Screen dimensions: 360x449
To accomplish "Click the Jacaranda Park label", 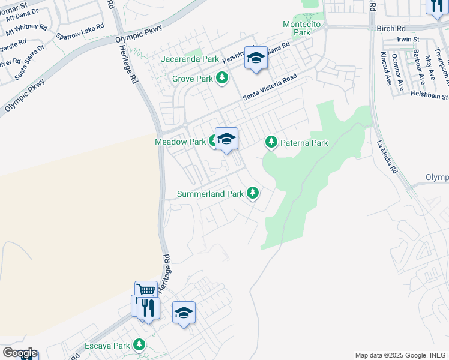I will coord(190,59).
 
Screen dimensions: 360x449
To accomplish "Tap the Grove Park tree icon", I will coord(223,78).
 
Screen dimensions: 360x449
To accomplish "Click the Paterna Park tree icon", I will coord(271,142).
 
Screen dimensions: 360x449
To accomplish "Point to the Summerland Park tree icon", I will coord(253,193).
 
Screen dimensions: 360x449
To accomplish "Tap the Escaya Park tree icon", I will coord(139,345).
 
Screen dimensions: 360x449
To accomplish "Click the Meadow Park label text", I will coord(180,142).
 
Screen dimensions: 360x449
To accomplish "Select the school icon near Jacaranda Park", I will coord(256,58).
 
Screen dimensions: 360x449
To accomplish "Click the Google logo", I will coord(19,352).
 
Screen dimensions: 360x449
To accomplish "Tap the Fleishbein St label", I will coord(429,95).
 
